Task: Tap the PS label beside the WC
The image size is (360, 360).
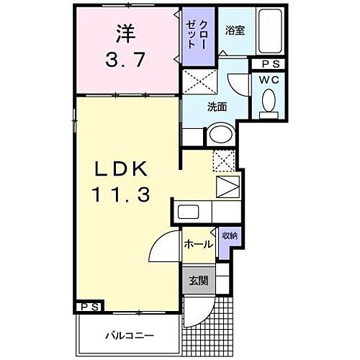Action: coord(268,64)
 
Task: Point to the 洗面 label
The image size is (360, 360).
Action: coord(217,107)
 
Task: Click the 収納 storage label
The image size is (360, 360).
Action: coord(229,235)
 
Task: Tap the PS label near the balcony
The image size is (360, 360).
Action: coord(90,307)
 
